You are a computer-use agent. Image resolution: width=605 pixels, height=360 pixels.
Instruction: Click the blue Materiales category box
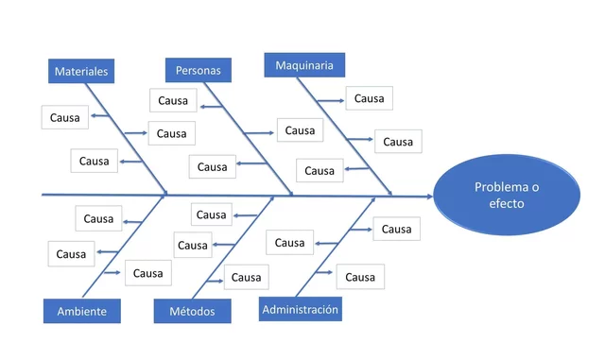[x=80, y=71]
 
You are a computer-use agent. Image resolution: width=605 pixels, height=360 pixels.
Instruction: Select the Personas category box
[x=198, y=70]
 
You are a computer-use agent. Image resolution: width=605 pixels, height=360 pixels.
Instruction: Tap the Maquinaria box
[x=303, y=65]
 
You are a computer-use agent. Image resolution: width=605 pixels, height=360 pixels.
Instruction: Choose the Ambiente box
[x=81, y=311]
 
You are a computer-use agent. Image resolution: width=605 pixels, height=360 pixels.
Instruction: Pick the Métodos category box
[x=192, y=311]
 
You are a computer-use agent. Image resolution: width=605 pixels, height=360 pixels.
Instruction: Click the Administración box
[x=300, y=308]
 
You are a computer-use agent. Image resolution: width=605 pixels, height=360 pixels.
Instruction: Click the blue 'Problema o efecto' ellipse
[x=506, y=196]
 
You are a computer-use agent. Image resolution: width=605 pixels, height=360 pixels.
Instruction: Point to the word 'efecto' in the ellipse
[x=506, y=204]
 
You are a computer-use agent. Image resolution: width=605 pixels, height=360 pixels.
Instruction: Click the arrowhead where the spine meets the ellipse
[x=428, y=196]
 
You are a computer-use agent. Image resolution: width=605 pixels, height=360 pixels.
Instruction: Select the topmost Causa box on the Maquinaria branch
[x=369, y=98]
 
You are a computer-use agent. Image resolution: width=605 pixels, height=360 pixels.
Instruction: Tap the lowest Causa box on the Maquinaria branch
[x=320, y=170]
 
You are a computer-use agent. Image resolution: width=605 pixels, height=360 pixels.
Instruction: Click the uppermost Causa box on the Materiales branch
[x=65, y=117]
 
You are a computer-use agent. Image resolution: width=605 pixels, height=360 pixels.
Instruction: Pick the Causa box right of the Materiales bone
[x=171, y=133]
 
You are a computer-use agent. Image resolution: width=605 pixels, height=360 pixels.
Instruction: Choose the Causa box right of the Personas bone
[x=300, y=130]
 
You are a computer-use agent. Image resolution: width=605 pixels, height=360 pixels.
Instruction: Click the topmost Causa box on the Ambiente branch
[x=98, y=218]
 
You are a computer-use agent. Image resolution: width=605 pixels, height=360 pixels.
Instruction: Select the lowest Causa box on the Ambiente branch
[x=147, y=273]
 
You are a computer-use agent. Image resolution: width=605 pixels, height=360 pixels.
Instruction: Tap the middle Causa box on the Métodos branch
[x=193, y=245]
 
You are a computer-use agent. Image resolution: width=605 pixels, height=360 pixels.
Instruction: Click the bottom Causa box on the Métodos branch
[x=246, y=277]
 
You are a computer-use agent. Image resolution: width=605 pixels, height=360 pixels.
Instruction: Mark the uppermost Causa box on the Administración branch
[x=396, y=229]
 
